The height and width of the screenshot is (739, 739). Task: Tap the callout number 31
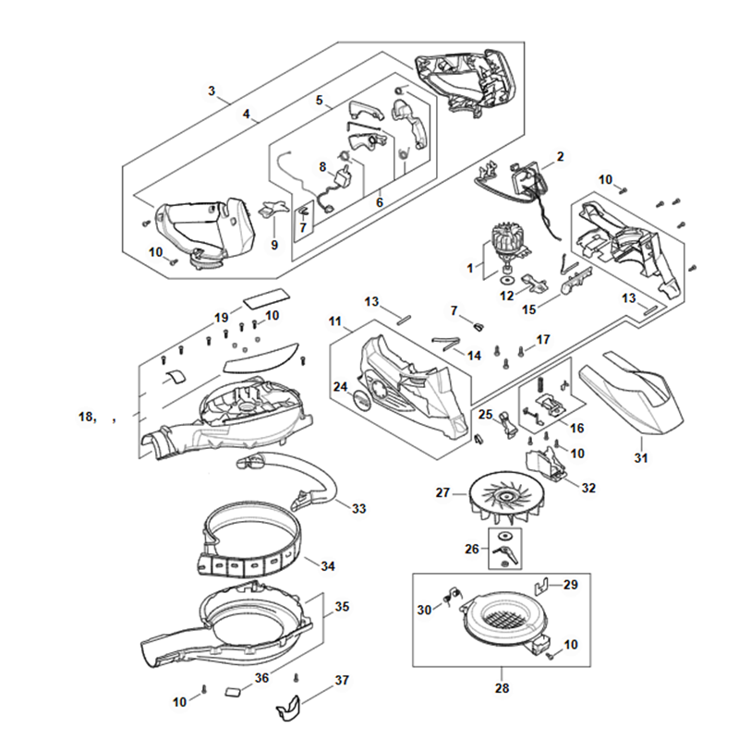coord(641,458)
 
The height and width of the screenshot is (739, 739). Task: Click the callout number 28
coord(502,687)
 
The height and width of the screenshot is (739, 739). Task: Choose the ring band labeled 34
coord(249,545)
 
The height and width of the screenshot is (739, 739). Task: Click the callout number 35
coord(342,608)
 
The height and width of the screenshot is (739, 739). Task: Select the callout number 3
coord(212,91)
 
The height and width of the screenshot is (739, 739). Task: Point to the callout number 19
coord(222,317)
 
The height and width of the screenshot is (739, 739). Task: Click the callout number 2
coord(560,156)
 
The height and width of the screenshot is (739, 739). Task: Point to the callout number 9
coord(273,245)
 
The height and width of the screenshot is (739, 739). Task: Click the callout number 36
coord(261,678)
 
